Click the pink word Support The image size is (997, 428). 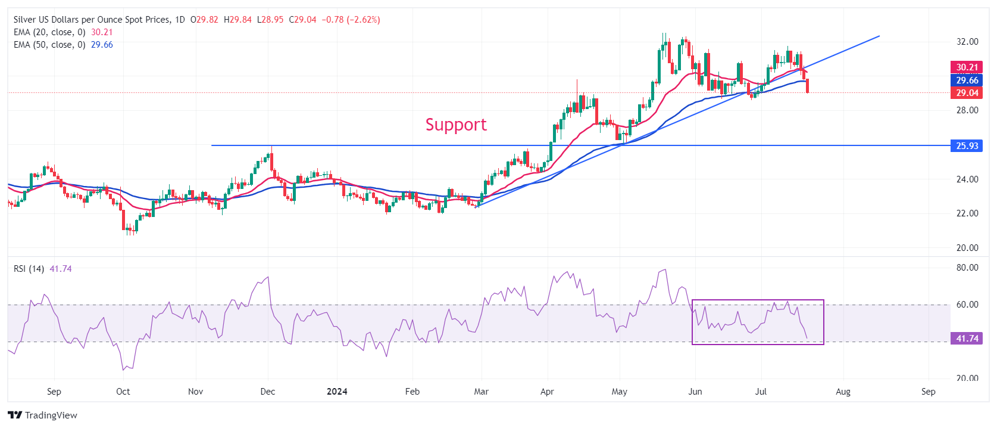(456, 125)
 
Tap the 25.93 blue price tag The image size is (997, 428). (967, 145)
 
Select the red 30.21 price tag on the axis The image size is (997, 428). (967, 67)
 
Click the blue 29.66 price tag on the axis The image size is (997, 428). (967, 80)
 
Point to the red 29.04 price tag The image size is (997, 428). (967, 92)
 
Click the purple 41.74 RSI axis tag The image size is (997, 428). (967, 339)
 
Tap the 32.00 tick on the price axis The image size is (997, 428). (967, 42)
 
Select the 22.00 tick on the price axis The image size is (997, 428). (967, 213)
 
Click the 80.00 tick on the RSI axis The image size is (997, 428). (967, 268)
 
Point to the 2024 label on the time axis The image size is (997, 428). (337, 392)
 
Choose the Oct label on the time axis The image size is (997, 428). (123, 392)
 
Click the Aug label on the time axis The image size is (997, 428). (843, 392)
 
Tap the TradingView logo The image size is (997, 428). (43, 415)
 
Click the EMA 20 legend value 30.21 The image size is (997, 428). (102, 32)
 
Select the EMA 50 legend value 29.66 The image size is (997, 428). (102, 45)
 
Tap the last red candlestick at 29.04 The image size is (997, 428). (807, 86)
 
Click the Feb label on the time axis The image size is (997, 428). (412, 392)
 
